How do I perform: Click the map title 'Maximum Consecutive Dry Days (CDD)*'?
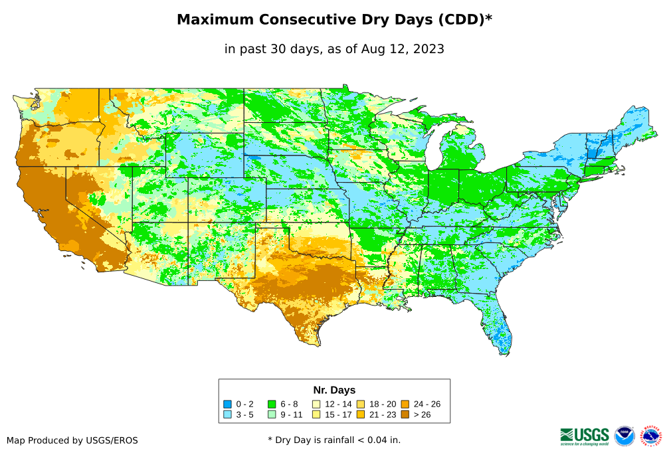click(x=334, y=20)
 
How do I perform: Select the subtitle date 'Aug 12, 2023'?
click(x=403, y=48)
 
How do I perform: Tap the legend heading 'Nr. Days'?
click(x=334, y=390)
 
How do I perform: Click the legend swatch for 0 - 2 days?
click(x=227, y=404)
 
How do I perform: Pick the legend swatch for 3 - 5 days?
click(x=227, y=414)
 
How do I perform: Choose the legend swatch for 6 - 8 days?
click(x=272, y=404)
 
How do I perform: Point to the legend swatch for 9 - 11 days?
click(x=272, y=414)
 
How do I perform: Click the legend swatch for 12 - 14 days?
click(x=316, y=404)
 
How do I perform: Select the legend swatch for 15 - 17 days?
click(x=316, y=414)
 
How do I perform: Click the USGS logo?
click(x=585, y=436)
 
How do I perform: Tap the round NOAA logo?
click(x=624, y=436)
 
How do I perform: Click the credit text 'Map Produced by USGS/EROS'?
click(x=72, y=440)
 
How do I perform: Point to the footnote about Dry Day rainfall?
click(x=334, y=440)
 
